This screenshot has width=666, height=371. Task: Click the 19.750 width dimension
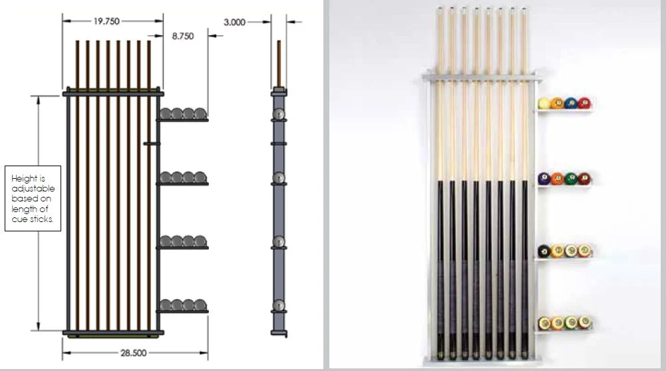tap(106, 21)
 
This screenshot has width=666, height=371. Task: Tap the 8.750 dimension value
tap(183, 36)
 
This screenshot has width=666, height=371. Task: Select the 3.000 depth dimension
tap(234, 22)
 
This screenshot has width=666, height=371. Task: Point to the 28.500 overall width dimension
tap(133, 353)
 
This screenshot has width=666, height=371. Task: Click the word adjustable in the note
tap(33, 188)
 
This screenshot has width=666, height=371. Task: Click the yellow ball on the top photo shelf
tap(544, 103)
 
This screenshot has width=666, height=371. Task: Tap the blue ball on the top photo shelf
tap(571, 103)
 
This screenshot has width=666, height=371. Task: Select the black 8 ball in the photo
tap(544, 251)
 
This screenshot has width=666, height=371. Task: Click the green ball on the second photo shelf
tap(571, 178)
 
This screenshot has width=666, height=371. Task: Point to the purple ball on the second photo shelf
tap(544, 178)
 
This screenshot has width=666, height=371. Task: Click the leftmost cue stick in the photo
tap(440, 183)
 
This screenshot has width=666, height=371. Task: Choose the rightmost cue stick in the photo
tap(524, 183)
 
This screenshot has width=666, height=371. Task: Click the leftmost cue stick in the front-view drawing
tap(78, 185)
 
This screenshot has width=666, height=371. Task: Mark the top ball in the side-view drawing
tap(279, 114)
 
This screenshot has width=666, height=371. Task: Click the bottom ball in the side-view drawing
tap(279, 305)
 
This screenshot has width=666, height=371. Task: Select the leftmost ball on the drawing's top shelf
tap(166, 114)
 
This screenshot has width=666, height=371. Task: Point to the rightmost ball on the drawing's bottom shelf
tap(200, 305)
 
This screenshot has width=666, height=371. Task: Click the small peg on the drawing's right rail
tap(152, 144)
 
